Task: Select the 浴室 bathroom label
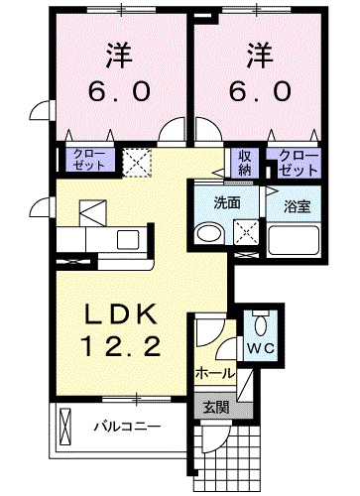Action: pyautogui.click(x=298, y=207)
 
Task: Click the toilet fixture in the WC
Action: pyautogui.click(x=260, y=323)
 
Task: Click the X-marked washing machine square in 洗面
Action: pyautogui.click(x=243, y=232)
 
